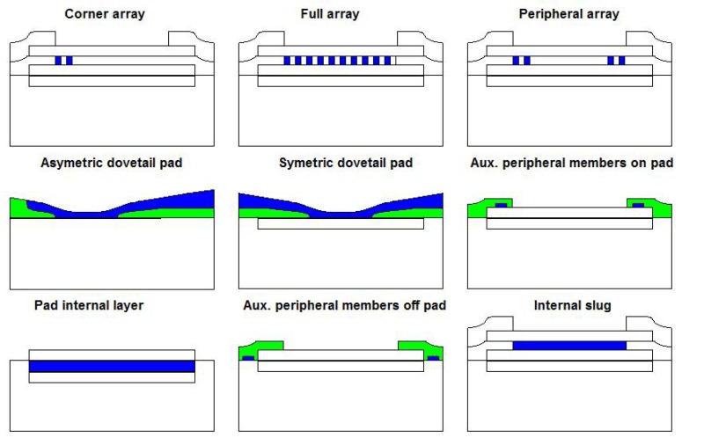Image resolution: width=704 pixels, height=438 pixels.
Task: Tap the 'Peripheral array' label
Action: pyautogui.click(x=568, y=14)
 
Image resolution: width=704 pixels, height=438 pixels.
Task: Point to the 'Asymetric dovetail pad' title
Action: pyautogui.click(x=111, y=163)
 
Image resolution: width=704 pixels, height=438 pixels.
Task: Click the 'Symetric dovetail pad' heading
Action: pyautogui.click(x=340, y=163)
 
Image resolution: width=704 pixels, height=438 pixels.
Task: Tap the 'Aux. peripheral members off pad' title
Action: pyautogui.click(x=344, y=305)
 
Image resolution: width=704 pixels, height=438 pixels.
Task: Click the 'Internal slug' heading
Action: pyautogui.click(x=568, y=305)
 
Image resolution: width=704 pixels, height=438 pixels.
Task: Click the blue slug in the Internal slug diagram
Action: pyautogui.click(x=568, y=346)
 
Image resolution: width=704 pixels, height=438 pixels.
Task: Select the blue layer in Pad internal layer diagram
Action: pyautogui.click(x=111, y=366)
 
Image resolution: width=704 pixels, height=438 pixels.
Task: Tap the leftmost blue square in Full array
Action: pyautogui.click(x=288, y=61)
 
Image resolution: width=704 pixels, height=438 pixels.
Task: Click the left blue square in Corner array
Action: pyautogui.click(x=58, y=61)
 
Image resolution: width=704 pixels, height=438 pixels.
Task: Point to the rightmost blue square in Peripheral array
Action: pyautogui.click(x=622, y=61)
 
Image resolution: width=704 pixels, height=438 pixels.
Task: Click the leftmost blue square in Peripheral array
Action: pyautogui.click(x=517, y=61)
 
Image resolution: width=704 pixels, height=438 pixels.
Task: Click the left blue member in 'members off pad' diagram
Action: pyautogui.click(x=248, y=358)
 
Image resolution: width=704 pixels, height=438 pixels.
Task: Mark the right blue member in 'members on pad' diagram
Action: pyautogui.click(x=638, y=206)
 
